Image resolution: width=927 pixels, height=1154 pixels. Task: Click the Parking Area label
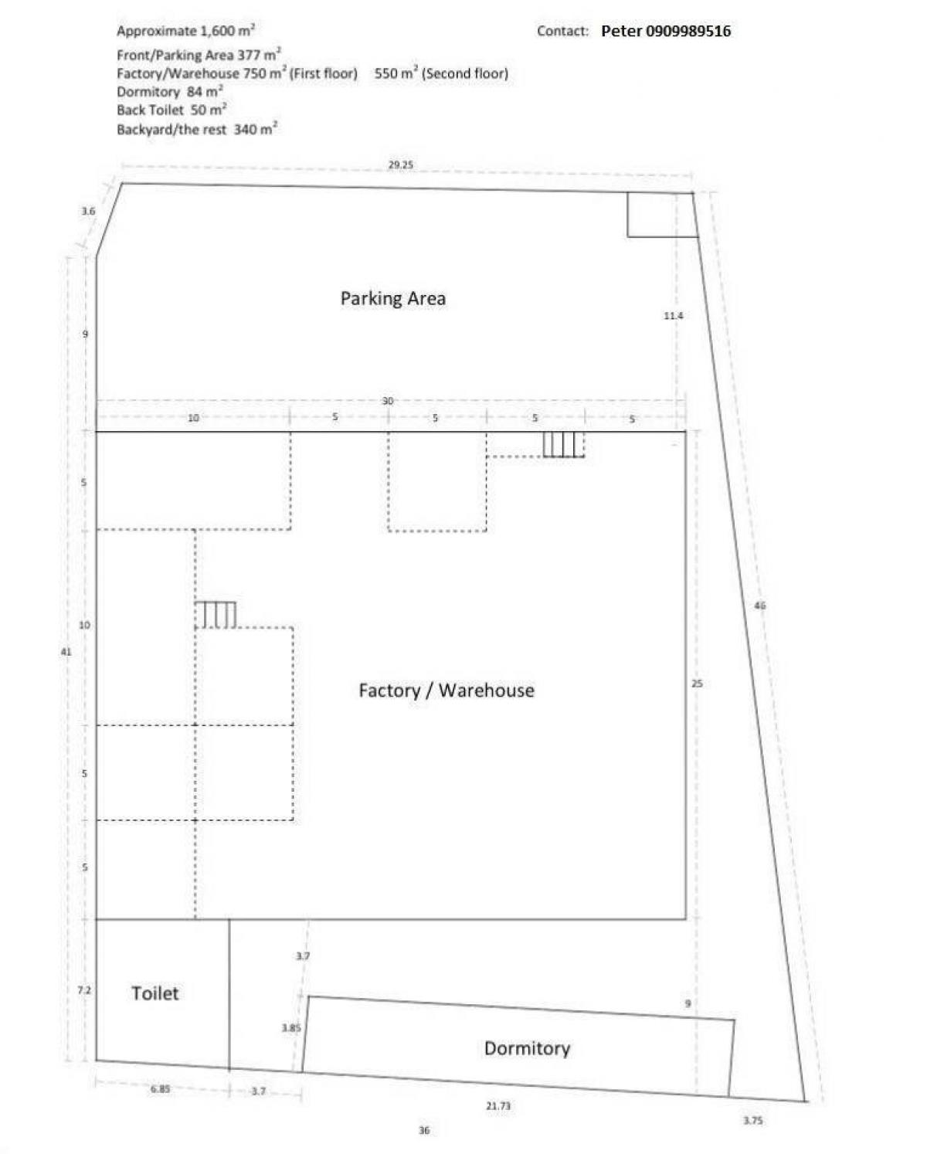point(392,298)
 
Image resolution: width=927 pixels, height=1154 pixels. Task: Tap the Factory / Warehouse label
point(446,690)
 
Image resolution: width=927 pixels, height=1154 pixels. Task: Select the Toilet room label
point(154,993)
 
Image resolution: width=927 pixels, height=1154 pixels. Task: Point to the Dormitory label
point(527,1048)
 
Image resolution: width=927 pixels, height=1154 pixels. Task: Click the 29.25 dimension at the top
point(400,165)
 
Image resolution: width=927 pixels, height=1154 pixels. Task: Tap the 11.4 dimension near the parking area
point(673,315)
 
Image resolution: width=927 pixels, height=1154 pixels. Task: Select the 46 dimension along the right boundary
point(759,606)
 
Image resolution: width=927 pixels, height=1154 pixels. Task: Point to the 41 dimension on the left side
point(66,652)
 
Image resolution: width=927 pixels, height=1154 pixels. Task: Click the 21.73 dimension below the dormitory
point(498,1106)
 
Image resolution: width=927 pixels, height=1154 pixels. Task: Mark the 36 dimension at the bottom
point(423,1131)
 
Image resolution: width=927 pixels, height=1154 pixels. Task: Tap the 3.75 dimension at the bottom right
point(752,1120)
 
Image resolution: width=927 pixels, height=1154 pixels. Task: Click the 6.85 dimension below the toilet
point(160,1089)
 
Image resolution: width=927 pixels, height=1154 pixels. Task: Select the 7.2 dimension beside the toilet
point(84,989)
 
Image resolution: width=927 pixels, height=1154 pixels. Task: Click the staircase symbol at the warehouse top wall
point(562,444)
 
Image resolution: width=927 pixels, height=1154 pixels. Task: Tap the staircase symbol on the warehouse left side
point(216,615)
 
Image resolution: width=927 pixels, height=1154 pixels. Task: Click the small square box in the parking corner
point(660,215)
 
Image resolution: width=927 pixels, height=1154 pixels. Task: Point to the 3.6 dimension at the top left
point(88,211)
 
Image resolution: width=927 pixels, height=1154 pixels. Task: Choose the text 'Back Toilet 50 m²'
point(171,110)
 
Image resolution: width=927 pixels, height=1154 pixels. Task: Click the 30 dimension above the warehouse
point(388,401)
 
